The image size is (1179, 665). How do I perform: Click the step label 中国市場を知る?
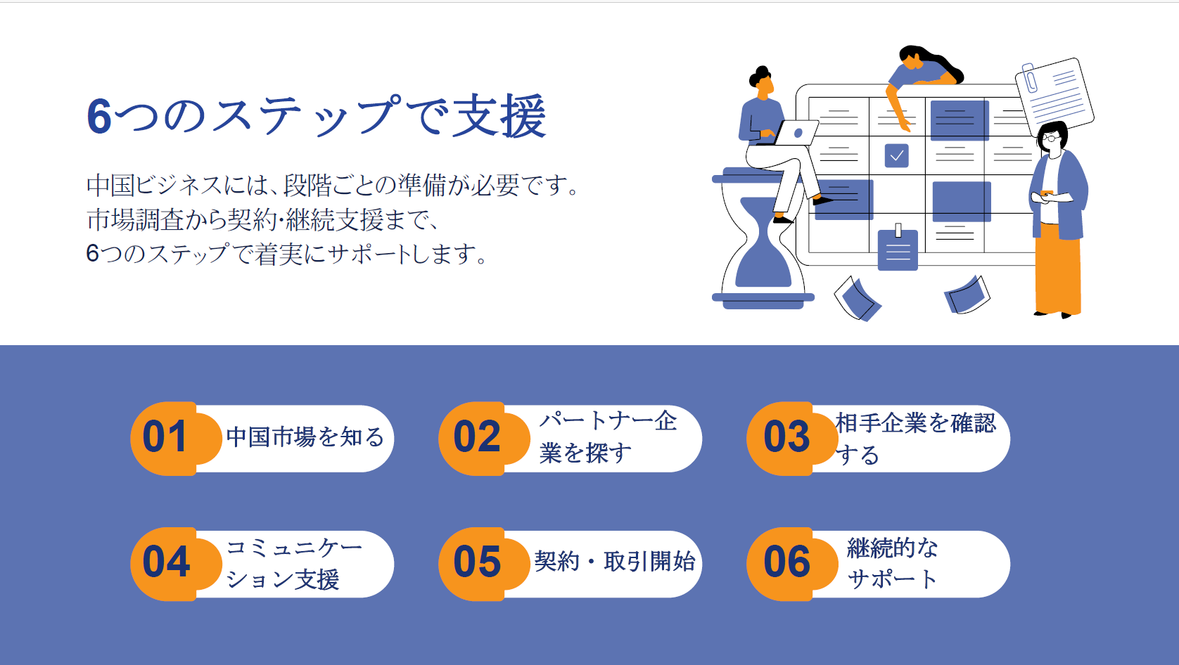(x=305, y=437)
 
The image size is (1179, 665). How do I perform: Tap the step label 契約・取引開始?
(x=615, y=562)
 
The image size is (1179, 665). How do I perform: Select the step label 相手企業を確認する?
(x=916, y=439)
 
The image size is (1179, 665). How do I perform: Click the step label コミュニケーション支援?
(x=294, y=564)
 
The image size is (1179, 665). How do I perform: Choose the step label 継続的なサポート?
(x=893, y=564)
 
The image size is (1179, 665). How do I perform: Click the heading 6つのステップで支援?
(x=317, y=116)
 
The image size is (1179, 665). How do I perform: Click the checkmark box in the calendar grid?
(x=896, y=156)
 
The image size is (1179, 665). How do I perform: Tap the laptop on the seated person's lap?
(x=791, y=133)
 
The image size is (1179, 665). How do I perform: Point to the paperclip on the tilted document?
(x=1030, y=78)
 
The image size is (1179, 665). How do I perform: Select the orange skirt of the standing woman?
(x=1058, y=269)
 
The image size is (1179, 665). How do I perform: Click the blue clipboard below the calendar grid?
(x=898, y=248)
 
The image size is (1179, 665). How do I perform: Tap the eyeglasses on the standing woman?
(x=1050, y=138)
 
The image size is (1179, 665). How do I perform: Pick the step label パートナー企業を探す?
(x=608, y=437)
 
